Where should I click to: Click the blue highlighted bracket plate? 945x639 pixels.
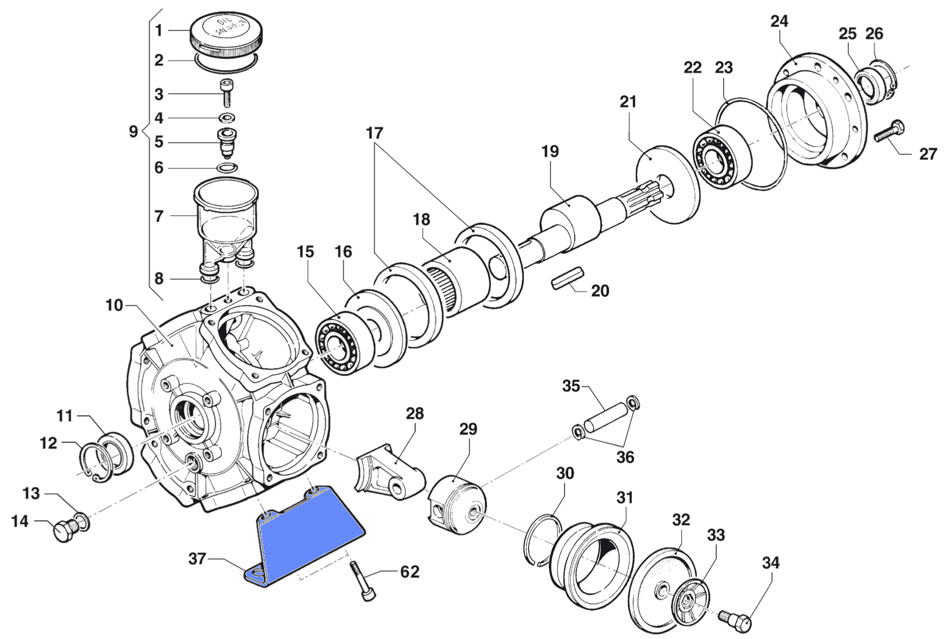304,537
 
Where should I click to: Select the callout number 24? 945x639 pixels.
779,21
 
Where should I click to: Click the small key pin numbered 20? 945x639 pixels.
567,279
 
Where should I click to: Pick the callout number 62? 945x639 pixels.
410,572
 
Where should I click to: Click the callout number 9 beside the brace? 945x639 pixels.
133,132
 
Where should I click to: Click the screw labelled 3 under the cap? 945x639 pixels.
226,93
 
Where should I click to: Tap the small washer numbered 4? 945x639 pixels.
227,118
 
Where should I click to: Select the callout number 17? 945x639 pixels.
374,133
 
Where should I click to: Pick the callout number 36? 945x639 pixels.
625,457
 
